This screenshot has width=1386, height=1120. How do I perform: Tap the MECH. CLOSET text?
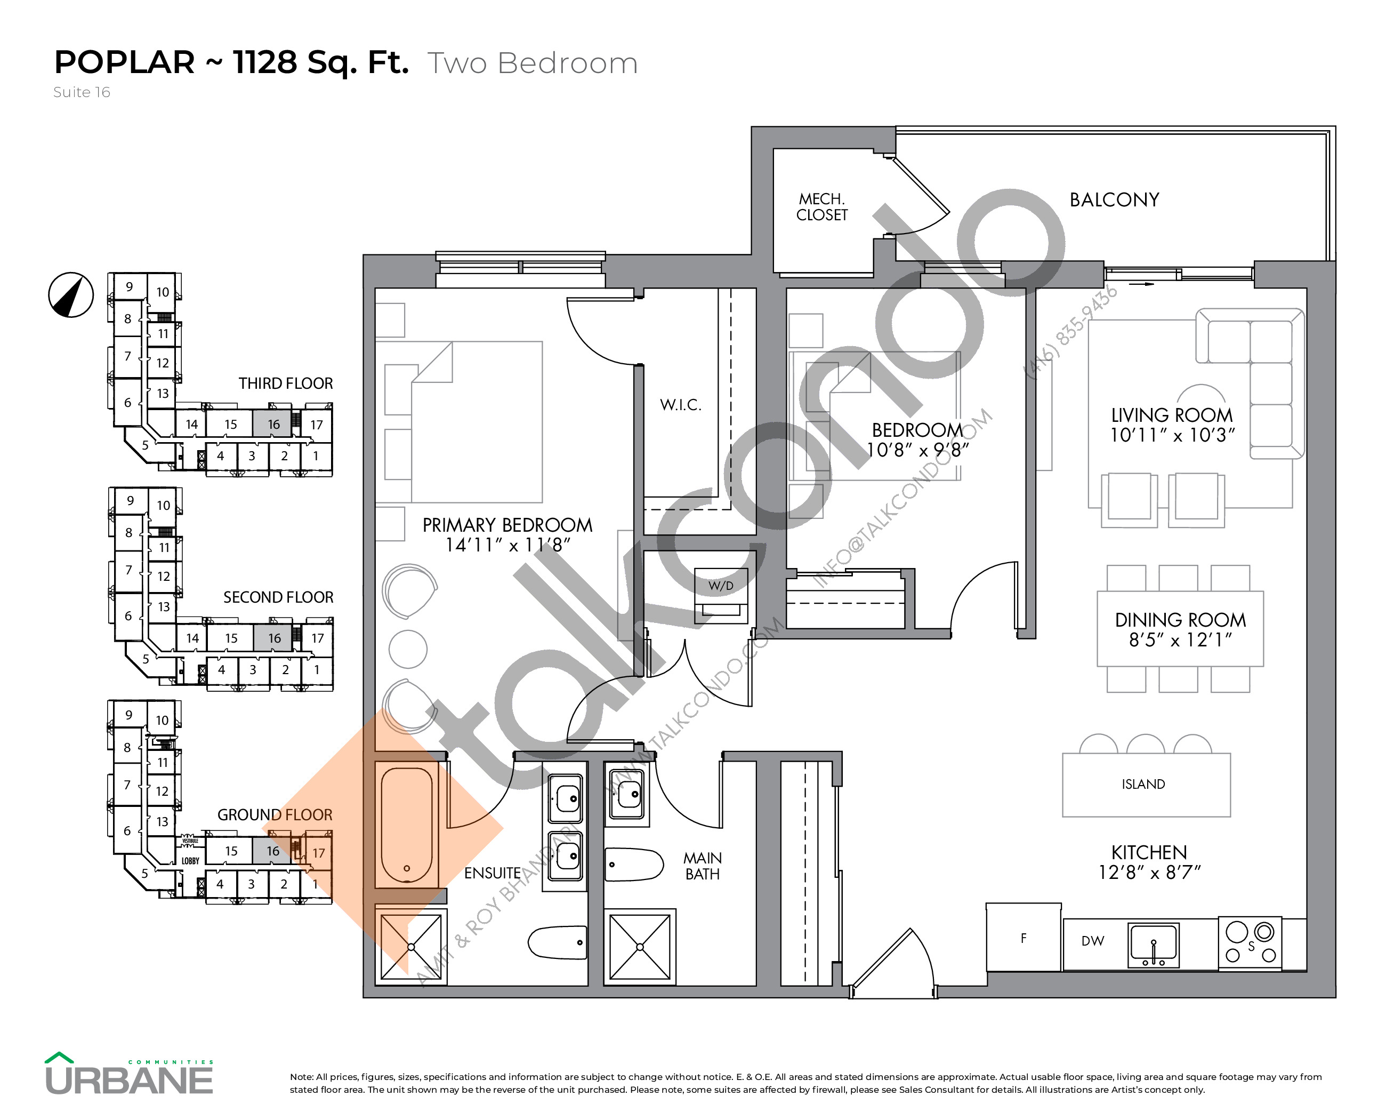coord(821,207)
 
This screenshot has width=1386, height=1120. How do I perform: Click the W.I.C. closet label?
coord(680,405)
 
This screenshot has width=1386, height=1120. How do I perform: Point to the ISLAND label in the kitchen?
coord(1143,785)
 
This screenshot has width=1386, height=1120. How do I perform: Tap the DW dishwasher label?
coord(1093,941)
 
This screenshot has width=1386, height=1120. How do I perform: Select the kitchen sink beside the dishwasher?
coord(1153,945)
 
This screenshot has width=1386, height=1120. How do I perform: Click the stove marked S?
coord(1250,943)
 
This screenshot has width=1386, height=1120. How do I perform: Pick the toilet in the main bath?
coord(633,865)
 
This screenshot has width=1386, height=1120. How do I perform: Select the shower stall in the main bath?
coord(639,947)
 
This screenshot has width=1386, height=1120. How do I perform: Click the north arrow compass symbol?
coord(71,295)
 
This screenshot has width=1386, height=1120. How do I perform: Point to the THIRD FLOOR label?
coord(286,384)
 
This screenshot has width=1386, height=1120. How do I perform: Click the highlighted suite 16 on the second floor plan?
coord(274,638)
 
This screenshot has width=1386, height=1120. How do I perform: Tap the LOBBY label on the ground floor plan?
coord(190,861)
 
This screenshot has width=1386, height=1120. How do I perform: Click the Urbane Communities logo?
coord(129,1074)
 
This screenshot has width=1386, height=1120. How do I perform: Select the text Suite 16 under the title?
coord(82,92)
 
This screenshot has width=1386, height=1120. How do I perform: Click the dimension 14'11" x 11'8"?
coord(507,546)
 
